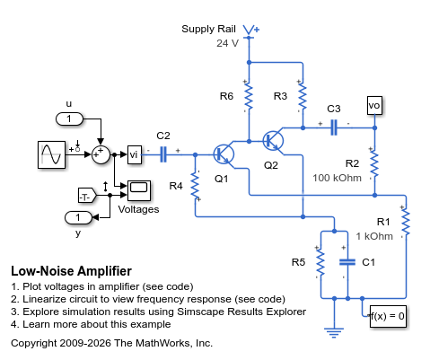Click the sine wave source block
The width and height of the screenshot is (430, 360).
pos(51,154)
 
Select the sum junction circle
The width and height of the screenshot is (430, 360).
pos(101,154)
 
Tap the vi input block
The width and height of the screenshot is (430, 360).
pos(135,154)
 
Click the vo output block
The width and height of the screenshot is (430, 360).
pos(374,105)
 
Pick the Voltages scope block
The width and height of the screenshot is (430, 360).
pos(139,190)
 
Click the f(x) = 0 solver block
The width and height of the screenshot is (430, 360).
pos(388,316)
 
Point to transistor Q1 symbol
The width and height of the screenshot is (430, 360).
pos(224,154)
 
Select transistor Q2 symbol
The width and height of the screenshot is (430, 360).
pos(273,140)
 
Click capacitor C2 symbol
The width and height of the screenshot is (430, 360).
pos(163,154)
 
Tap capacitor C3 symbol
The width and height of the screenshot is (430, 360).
pos(334,127)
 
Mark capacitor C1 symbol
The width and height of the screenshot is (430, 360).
pos(347,262)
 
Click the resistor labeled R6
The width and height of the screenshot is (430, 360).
pos(249,96)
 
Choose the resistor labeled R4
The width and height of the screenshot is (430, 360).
pos(195,186)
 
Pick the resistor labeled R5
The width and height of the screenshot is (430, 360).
pos(320,262)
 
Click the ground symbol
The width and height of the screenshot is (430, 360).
pos(334,332)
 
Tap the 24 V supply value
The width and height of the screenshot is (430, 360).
pos(227,43)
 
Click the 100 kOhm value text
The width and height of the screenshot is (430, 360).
pos(337,178)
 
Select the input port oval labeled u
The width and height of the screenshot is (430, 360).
pos(69,119)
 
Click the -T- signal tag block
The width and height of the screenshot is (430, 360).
pos(87,196)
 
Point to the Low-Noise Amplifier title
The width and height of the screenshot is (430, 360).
pos(71,271)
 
